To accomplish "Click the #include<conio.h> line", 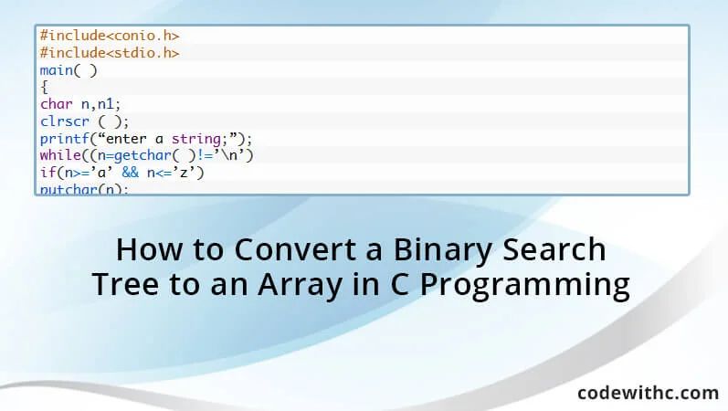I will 109,36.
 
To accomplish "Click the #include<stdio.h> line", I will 109,53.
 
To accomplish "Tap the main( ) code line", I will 69,70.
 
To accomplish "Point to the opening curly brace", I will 44,88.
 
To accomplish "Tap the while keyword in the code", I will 60,155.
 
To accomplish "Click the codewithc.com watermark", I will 648,392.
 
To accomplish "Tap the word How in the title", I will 145,249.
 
